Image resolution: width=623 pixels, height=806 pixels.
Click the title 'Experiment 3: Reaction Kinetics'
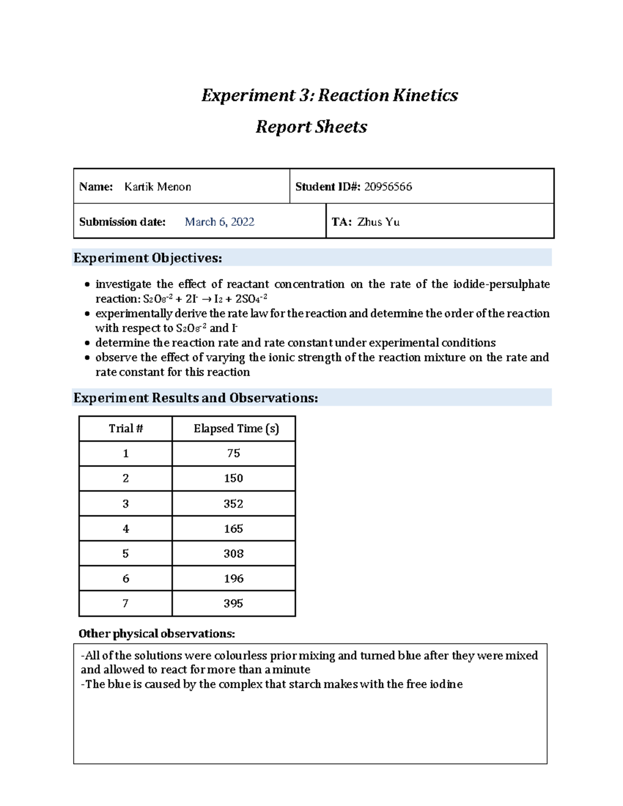330,95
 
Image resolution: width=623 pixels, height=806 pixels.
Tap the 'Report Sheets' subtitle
311,127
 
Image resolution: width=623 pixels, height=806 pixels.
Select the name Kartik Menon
158,187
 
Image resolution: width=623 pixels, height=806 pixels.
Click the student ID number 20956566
388,187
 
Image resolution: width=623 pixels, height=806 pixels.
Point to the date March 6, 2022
220,222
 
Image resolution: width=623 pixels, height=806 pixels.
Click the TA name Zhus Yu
378,222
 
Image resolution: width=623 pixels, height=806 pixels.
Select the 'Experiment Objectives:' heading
148,258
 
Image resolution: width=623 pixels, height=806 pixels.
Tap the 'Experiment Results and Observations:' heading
196,398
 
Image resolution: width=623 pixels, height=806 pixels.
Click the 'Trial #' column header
126,429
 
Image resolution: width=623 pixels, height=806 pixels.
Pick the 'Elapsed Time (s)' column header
236,429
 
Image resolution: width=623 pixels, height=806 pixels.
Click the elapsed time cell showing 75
234,454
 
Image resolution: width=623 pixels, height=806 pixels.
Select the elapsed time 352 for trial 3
234,504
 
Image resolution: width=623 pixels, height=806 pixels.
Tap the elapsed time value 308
234,554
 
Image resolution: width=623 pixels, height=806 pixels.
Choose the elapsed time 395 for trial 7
234,604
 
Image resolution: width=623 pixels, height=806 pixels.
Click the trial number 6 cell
126,579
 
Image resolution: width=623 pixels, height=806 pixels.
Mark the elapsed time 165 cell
234,529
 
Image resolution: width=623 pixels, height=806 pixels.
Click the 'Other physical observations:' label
157,634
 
